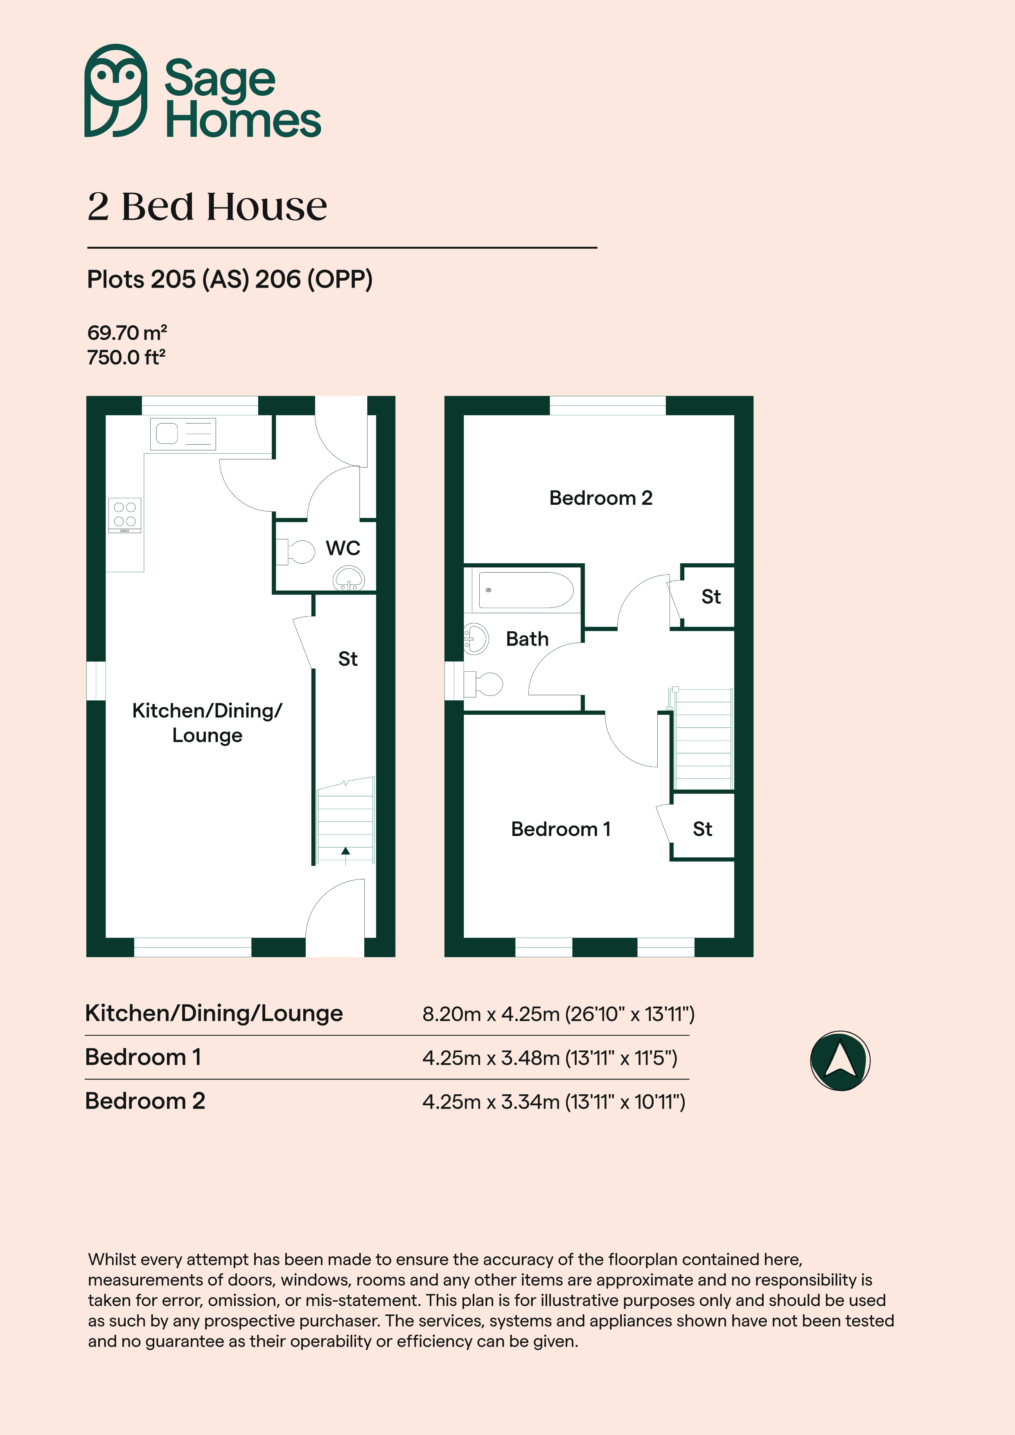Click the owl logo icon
pyautogui.click(x=116, y=91)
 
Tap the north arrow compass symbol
pyautogui.click(x=840, y=1061)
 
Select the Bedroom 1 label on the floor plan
pyautogui.click(x=560, y=829)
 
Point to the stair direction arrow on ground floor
pyautogui.click(x=345, y=855)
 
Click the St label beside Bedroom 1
pyautogui.click(x=702, y=829)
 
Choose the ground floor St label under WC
pyautogui.click(x=348, y=659)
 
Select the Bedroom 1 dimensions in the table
pyautogui.click(x=550, y=1057)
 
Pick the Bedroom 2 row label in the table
pyautogui.click(x=145, y=1101)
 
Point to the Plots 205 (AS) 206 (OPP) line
pyautogui.click(x=230, y=279)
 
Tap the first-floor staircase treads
pyautogui.click(x=703, y=739)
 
